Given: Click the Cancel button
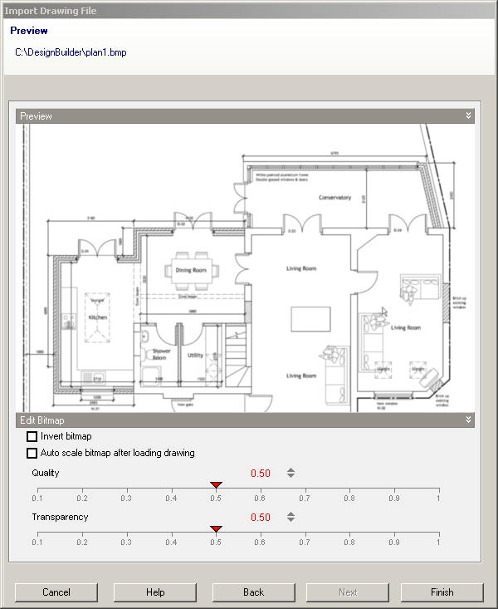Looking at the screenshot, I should [x=56, y=592].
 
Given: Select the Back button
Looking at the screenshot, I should [x=253, y=592].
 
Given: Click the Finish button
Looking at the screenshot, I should [x=442, y=592].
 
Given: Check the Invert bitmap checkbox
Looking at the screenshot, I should [x=32, y=436].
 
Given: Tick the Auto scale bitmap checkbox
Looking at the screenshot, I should [x=32, y=453].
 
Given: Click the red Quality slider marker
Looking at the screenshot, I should [x=216, y=484].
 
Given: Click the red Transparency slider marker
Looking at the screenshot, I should [x=216, y=528].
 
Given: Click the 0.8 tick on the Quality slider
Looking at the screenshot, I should [x=349, y=489].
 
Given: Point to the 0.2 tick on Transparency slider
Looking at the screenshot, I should [x=81, y=533].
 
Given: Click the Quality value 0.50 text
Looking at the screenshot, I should [x=261, y=474].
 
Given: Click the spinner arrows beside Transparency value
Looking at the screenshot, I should [x=290, y=517].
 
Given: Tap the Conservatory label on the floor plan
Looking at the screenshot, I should [x=335, y=198].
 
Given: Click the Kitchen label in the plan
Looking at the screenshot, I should [x=98, y=317].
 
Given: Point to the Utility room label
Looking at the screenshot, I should [x=195, y=355].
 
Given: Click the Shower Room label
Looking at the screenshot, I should [x=160, y=354].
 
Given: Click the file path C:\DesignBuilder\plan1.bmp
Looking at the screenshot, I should [x=71, y=52].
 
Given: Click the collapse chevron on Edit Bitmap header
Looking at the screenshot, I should [x=468, y=420].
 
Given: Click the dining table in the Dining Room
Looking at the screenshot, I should [x=193, y=270].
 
